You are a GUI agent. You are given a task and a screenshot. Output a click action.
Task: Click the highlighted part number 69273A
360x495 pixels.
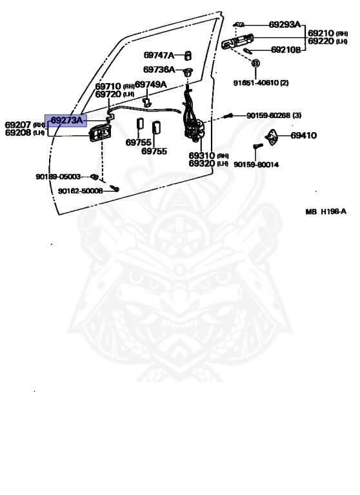point(66,121)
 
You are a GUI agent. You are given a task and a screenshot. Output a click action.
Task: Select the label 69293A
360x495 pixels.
point(285,24)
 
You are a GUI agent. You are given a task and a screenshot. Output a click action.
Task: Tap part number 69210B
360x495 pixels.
point(286,50)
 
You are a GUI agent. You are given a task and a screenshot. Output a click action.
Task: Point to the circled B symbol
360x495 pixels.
point(255,63)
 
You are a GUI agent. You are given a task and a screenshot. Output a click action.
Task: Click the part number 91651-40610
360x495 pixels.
point(256,82)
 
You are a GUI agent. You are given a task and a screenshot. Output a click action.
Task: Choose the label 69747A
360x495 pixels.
point(159,55)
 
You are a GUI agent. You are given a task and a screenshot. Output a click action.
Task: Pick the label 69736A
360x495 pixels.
point(159,70)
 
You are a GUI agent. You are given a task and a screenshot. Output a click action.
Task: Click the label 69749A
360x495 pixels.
point(151,84)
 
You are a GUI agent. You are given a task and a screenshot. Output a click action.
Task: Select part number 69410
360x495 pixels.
point(303,135)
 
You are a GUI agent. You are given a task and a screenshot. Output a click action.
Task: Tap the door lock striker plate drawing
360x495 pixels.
point(272,137)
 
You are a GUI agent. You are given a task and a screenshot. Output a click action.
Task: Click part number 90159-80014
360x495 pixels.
point(256,164)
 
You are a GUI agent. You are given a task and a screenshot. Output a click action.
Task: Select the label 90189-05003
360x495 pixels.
point(58,177)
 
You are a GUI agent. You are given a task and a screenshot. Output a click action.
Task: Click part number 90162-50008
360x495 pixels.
point(80,191)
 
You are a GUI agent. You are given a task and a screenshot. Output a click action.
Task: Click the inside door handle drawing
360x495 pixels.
point(98,133)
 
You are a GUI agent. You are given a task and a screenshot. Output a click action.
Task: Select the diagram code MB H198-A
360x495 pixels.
point(326,211)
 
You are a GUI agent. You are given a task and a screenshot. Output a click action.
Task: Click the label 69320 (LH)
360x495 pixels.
point(208,163)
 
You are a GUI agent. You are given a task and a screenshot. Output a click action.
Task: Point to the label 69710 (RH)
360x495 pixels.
point(115,86)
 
